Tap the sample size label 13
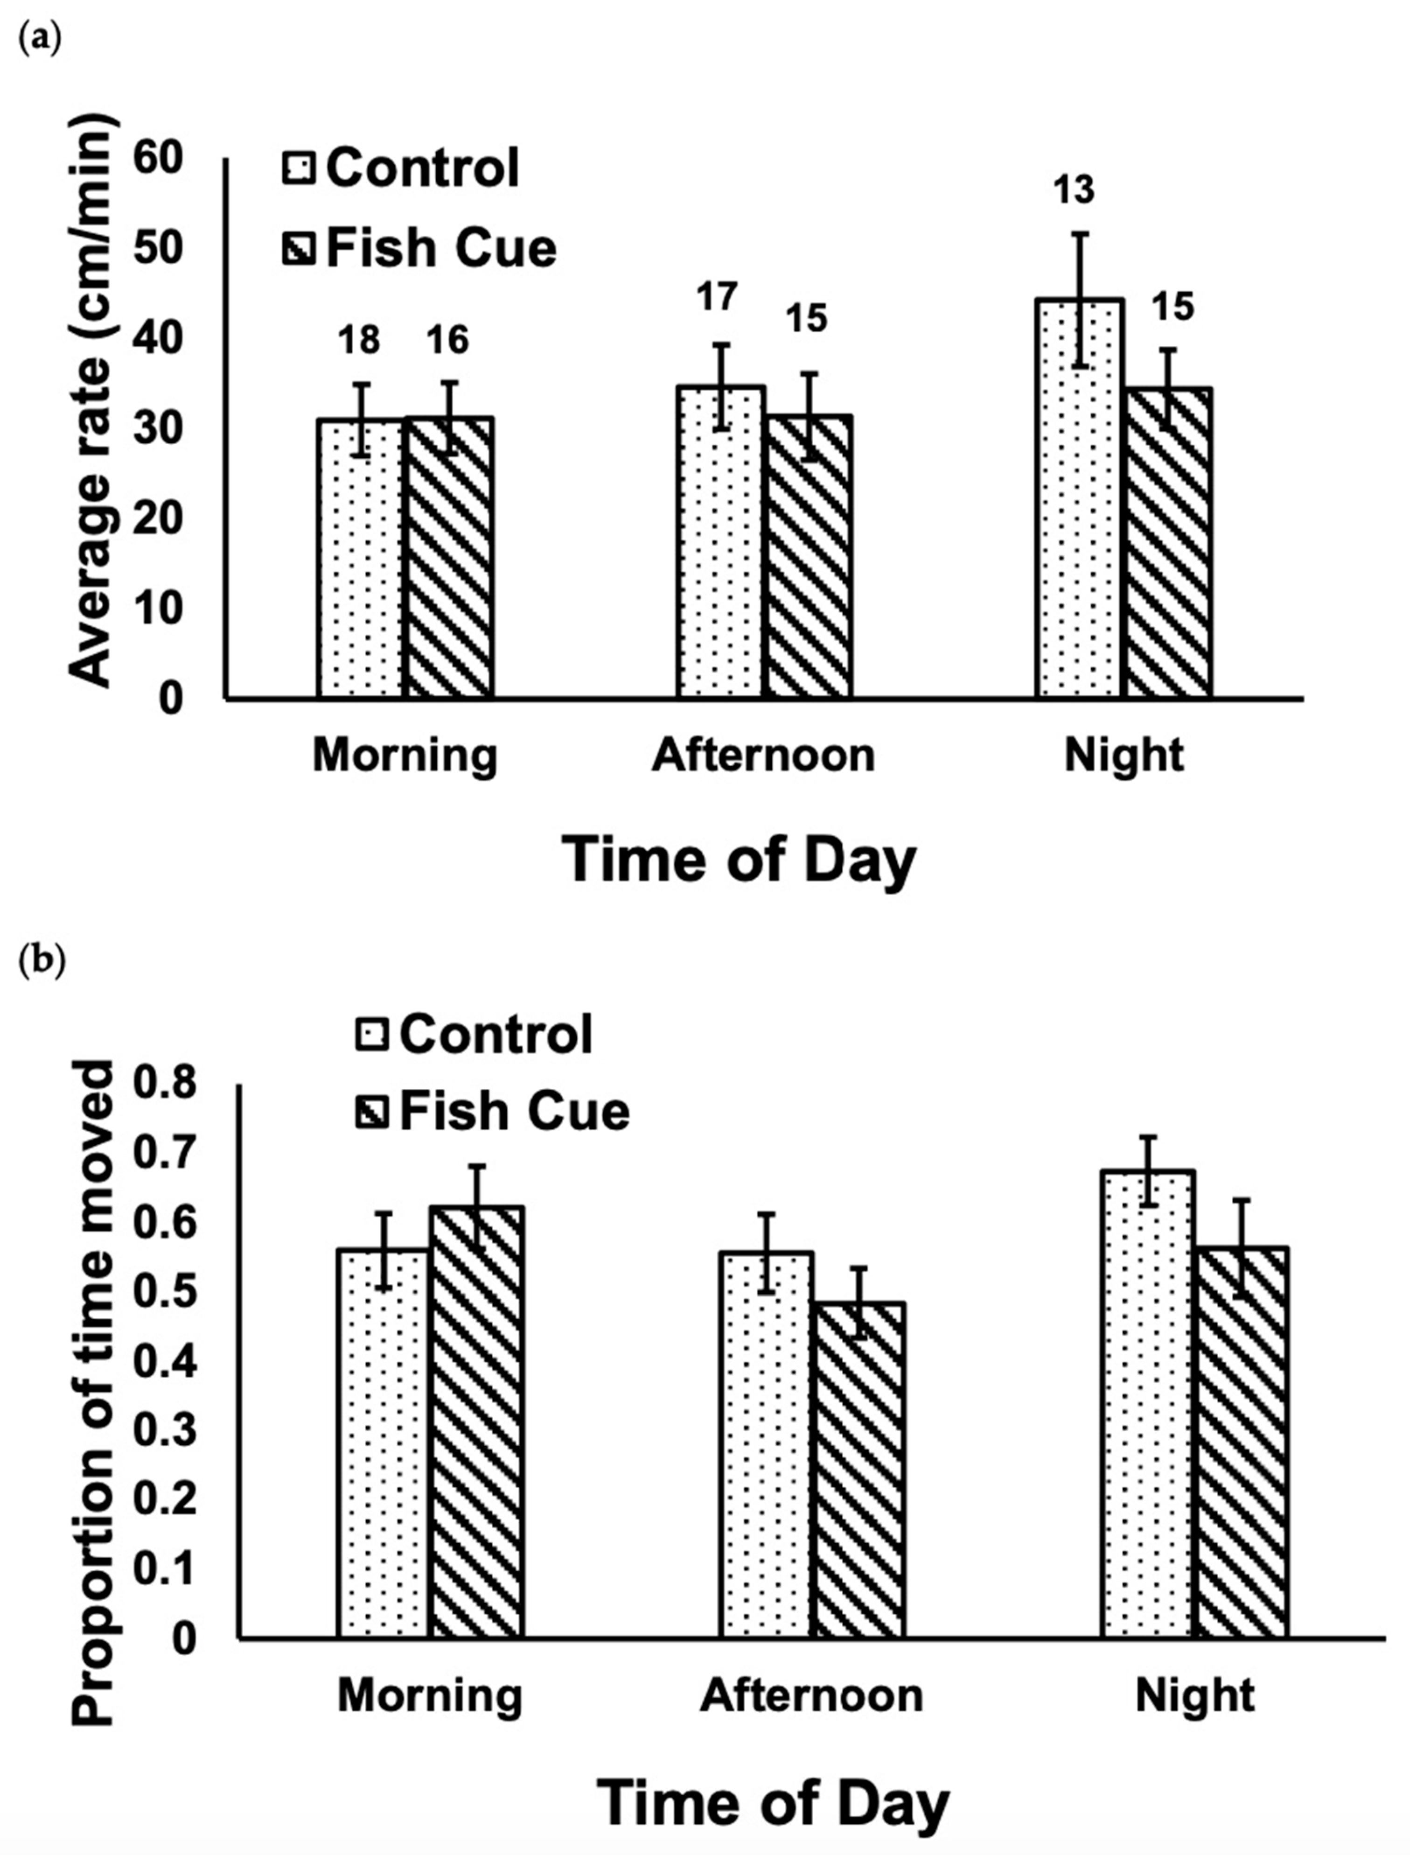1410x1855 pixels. (x=1075, y=190)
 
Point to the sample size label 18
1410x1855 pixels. (x=359, y=341)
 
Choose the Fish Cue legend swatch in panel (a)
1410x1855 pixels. (x=298, y=249)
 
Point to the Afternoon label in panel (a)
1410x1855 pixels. (x=763, y=756)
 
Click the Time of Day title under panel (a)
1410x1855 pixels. (x=740, y=861)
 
